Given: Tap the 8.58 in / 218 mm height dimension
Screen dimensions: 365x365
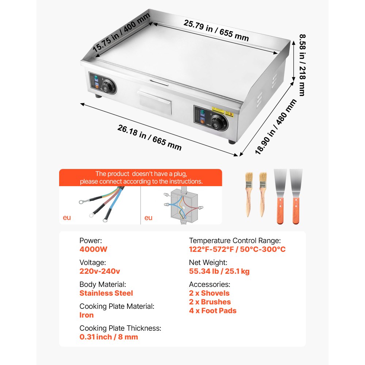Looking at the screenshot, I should [301, 65].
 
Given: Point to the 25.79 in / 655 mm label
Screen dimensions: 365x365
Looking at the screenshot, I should [216, 30].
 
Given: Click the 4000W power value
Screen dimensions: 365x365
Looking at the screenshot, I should [93, 249].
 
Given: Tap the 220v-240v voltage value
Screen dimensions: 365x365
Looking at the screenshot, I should [100, 271].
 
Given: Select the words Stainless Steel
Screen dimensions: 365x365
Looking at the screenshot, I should [106, 293].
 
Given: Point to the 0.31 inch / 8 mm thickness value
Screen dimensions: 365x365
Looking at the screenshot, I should [109, 337].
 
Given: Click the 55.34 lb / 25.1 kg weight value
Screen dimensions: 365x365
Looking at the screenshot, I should [219, 271].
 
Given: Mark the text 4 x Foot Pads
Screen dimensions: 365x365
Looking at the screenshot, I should [212, 311].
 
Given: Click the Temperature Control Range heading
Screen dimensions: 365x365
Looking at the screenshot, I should [235, 241].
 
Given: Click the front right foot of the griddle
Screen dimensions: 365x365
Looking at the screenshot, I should [232, 142].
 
